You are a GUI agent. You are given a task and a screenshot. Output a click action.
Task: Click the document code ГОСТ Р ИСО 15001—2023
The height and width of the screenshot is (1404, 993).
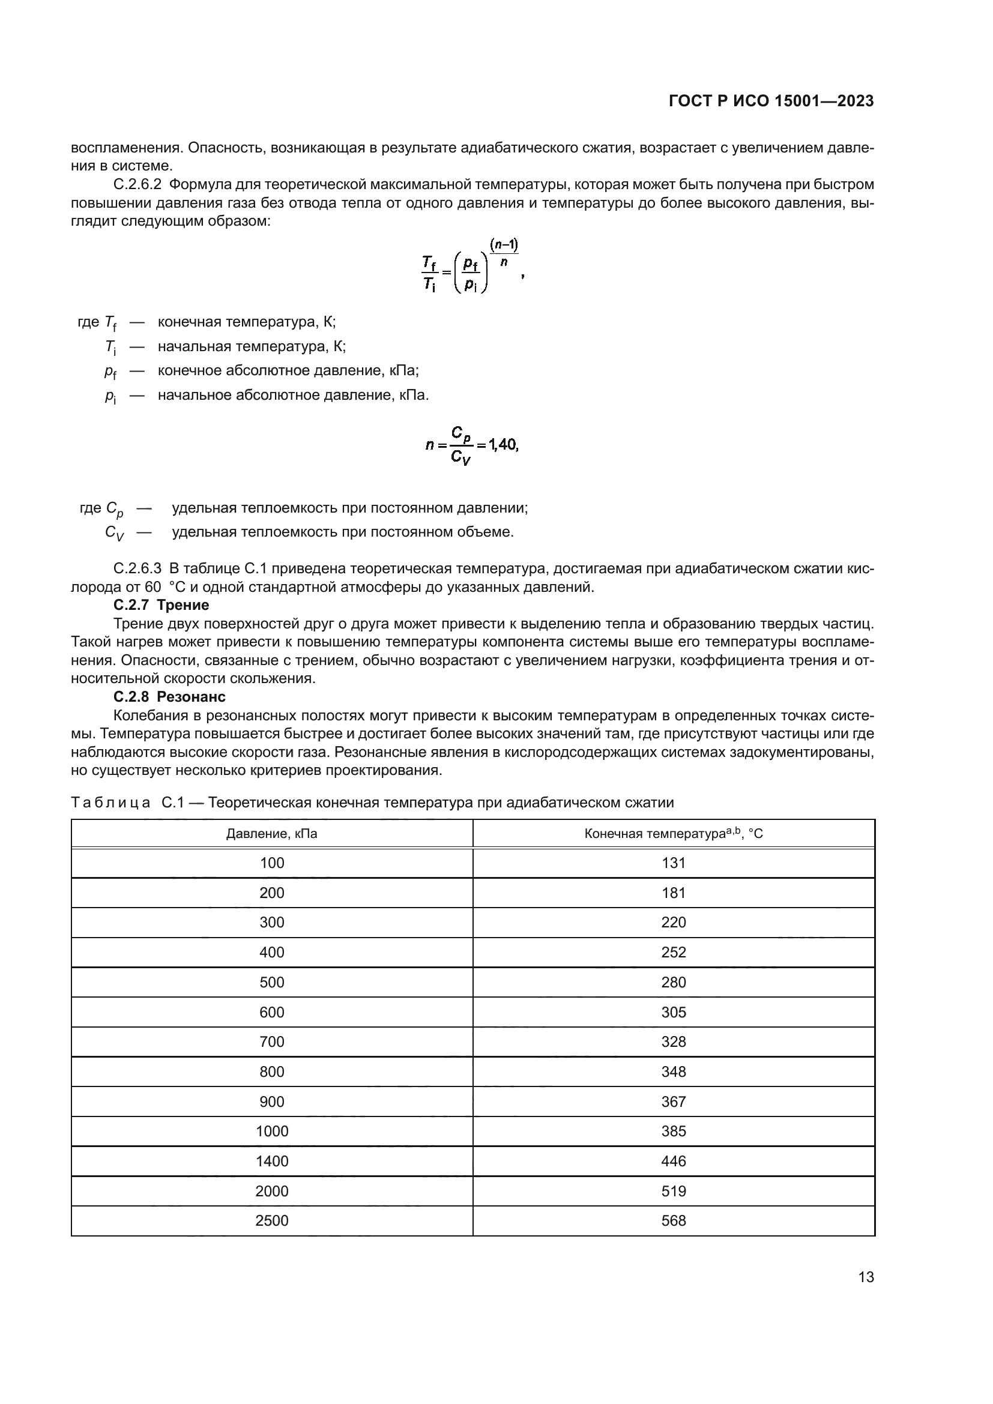pos(771,101)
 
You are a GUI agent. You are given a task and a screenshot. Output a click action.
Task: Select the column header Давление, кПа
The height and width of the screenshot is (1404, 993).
pos(271,834)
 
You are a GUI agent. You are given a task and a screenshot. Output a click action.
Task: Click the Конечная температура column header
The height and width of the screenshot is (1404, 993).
pos(673,834)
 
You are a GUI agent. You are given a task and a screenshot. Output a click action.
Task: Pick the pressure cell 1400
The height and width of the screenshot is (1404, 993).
pos(271,1161)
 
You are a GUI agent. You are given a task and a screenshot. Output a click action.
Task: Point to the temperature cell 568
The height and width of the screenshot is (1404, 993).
pos(673,1220)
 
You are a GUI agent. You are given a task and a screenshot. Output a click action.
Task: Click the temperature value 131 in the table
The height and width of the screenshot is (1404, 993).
pos(673,863)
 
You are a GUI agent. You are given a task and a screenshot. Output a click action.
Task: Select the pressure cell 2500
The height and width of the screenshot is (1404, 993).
pos(271,1220)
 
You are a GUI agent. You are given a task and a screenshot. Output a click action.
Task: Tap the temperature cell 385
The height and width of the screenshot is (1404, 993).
pos(673,1131)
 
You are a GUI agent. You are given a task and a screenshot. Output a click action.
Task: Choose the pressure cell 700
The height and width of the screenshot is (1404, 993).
pos(271,1041)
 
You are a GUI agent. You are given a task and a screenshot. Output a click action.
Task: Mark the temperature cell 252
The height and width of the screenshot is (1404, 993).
pos(673,952)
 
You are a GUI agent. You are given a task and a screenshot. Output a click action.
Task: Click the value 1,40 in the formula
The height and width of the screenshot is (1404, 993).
pos(503,445)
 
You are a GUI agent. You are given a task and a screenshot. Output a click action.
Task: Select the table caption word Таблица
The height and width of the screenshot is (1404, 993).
pos(110,803)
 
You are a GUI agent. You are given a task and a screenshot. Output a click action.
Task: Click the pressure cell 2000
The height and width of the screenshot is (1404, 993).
pos(271,1190)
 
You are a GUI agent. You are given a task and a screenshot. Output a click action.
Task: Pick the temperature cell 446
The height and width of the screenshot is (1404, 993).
pos(673,1161)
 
